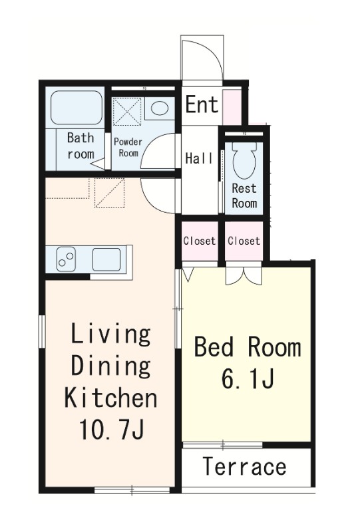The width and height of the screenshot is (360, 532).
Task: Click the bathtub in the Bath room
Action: coord(77,107)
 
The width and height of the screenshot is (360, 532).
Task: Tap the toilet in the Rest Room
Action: coord(244,160)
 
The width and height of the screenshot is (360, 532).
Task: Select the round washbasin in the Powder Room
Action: coord(159,108)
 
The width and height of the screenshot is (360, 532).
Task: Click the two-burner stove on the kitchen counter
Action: coord(67,259)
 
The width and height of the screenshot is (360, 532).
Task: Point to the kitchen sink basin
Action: coord(106,259)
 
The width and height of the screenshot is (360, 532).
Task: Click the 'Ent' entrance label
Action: coord(202,104)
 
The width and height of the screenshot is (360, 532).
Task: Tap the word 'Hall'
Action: coord(200,158)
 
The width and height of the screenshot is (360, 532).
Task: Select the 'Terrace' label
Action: coord(244,466)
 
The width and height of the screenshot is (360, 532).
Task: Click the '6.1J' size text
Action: coord(248,378)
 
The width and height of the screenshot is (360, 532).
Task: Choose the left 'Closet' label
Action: coord(200,241)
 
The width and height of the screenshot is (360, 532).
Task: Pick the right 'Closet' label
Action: coord(244,241)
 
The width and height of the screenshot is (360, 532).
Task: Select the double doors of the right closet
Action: coord(244,274)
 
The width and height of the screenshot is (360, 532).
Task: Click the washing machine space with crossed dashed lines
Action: coord(126,111)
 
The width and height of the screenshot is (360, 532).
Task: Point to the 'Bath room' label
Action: coord(81,146)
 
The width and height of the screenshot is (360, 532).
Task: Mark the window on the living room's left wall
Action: coord(42,331)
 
